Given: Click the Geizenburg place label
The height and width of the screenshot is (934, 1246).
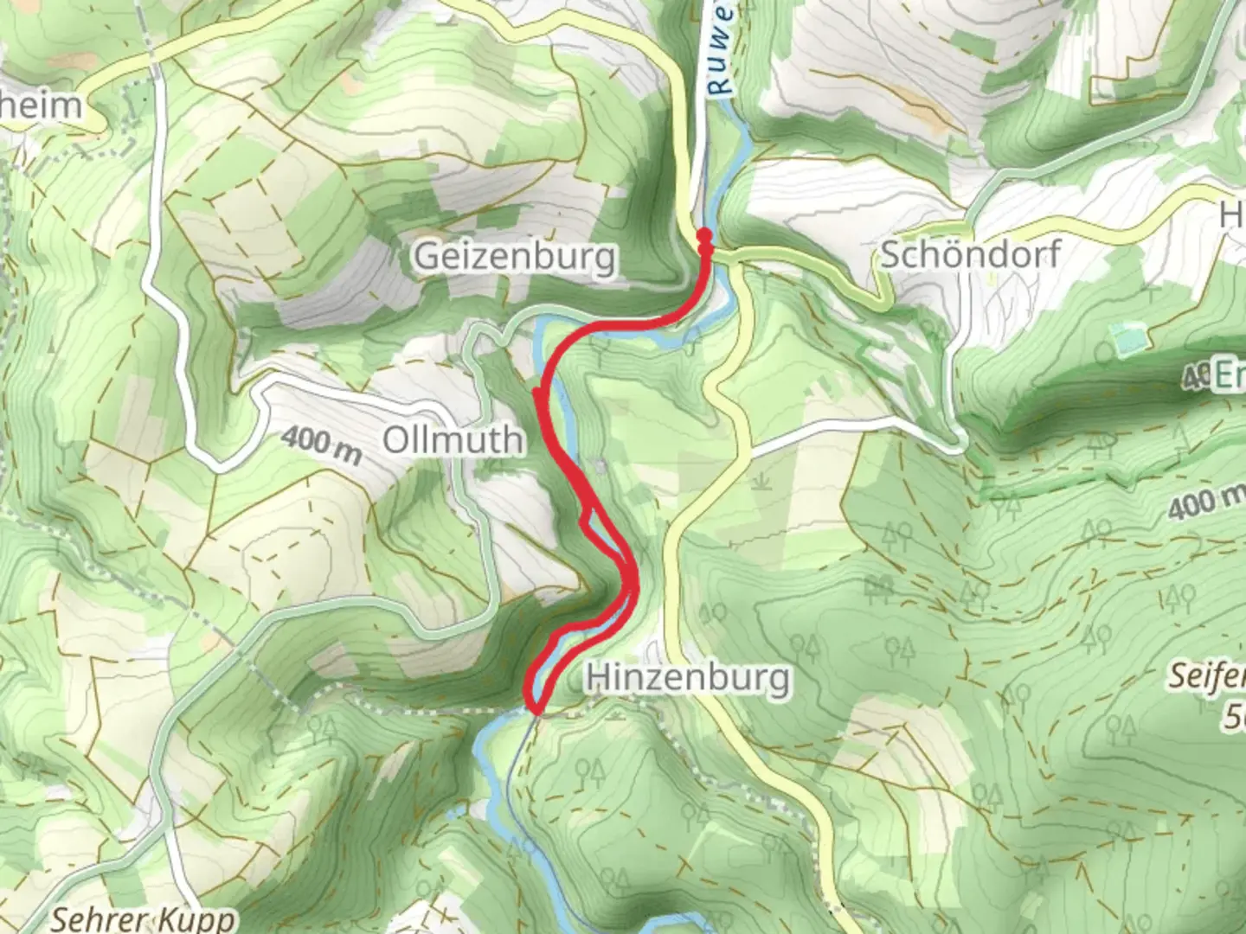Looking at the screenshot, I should click(516, 257).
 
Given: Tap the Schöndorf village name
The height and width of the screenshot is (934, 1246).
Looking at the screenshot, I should click(969, 256).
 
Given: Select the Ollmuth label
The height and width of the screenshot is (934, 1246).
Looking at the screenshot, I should click(453, 440).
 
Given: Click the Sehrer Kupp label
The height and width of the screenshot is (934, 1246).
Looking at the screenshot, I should click(143, 918).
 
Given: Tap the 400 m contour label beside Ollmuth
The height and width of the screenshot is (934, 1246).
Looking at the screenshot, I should click(320, 444).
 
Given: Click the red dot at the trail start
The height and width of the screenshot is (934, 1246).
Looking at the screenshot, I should click(704, 235).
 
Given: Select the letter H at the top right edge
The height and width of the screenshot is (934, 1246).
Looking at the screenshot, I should click(1232, 214).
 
